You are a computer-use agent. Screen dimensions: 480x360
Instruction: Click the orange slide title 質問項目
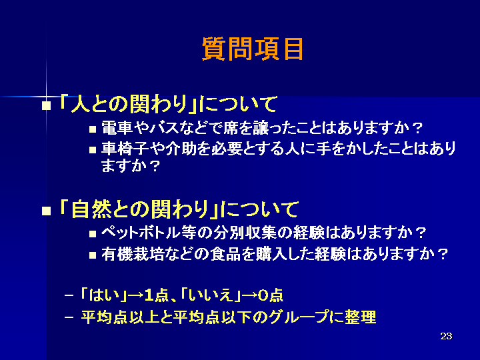pos(253,49)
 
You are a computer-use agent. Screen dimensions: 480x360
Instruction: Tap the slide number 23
pos(446,336)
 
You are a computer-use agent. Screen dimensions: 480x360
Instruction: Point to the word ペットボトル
pos(141,233)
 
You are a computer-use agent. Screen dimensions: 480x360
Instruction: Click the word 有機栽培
pos(133,254)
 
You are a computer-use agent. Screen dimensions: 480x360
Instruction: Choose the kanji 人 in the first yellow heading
pos(80,104)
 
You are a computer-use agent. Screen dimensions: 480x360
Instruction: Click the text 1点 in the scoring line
pos(157,295)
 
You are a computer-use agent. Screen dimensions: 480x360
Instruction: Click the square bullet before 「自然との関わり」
pos(46,211)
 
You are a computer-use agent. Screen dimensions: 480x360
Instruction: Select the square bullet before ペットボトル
pos(93,235)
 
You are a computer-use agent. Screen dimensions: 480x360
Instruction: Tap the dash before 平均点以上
pos(69,317)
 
